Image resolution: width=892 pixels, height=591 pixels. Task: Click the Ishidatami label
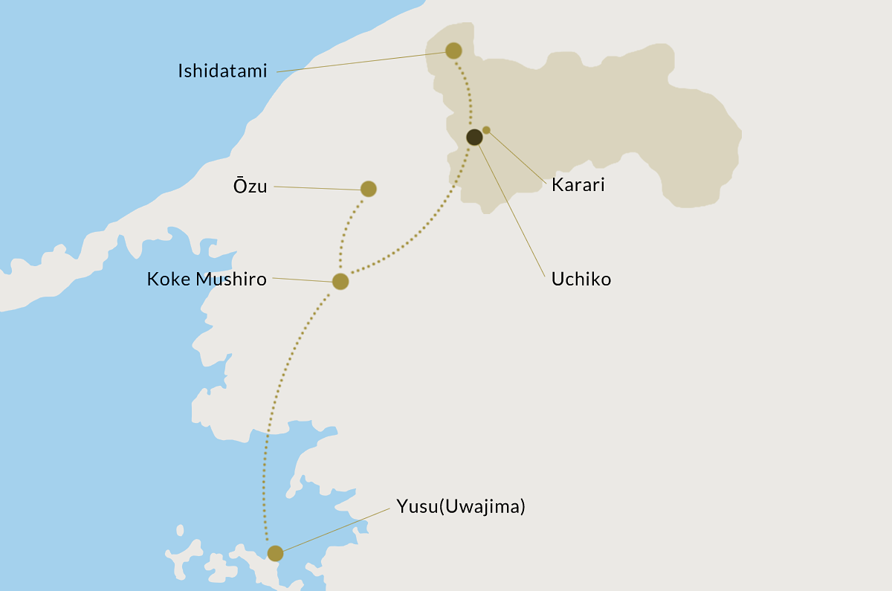[x=222, y=71]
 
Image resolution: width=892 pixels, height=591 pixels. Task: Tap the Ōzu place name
[x=250, y=187]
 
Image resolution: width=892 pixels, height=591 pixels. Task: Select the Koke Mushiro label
[x=207, y=279]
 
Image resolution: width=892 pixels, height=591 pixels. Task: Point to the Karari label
[x=578, y=185]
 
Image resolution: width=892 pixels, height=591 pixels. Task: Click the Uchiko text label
[x=581, y=280]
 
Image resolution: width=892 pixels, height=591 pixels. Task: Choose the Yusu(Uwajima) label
[x=461, y=507]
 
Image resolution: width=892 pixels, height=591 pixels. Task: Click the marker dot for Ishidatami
[x=453, y=51]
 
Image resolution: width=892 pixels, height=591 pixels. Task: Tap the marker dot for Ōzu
[x=368, y=189]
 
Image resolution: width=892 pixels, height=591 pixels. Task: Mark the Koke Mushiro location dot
[x=340, y=281]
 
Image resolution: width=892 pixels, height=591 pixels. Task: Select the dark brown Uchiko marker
[x=474, y=137]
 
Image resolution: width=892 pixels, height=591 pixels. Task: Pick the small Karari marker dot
[x=486, y=130]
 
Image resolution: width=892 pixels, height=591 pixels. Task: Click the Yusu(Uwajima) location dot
[x=275, y=553]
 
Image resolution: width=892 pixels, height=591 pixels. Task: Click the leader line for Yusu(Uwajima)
[x=334, y=530]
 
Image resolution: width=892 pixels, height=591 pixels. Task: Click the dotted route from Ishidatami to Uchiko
[x=468, y=93]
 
